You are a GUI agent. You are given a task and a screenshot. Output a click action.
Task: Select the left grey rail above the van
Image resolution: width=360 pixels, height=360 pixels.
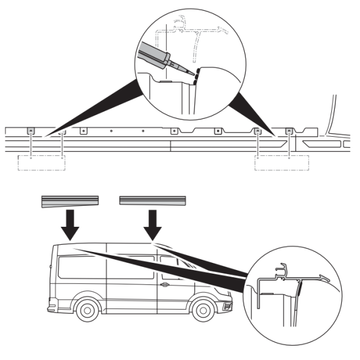(x=70, y=200)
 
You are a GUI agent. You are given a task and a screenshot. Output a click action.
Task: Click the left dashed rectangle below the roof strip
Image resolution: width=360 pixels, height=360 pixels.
(x=41, y=163)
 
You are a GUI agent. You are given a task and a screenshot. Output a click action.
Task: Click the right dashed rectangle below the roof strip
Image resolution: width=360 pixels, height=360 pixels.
(x=281, y=163)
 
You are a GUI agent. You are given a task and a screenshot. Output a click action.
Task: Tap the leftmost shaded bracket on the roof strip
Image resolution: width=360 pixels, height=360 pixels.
(x=31, y=130)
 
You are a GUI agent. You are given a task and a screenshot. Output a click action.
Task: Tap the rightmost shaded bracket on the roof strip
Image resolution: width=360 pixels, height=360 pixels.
(x=290, y=130)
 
